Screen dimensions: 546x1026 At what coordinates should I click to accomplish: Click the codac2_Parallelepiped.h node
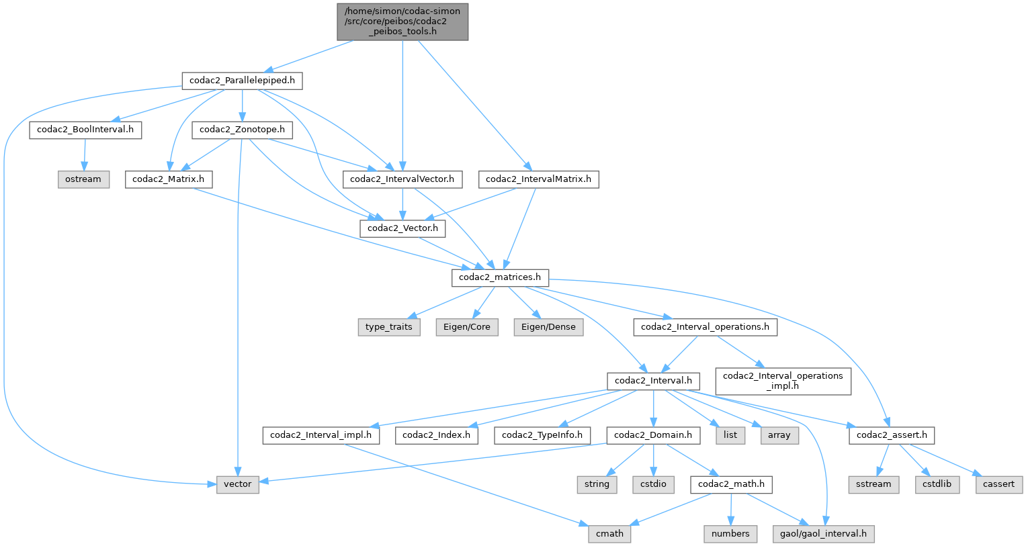242,81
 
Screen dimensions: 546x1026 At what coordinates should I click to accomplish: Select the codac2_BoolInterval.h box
85,130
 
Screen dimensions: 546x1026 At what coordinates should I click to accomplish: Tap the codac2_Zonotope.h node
242,130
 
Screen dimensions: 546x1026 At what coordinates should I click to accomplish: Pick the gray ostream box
83,179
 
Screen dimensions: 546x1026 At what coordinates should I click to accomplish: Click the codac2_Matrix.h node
169,179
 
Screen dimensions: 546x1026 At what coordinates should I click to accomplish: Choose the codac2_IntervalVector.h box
402,179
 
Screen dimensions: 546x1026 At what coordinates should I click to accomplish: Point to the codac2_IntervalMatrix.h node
538,179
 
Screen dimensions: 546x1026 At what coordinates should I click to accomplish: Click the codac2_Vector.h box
402,228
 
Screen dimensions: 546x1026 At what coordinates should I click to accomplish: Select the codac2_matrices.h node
500,277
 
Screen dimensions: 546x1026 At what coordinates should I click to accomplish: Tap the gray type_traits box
389,327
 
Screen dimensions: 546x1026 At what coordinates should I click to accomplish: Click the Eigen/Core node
467,327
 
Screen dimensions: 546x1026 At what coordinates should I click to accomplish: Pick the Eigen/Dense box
549,327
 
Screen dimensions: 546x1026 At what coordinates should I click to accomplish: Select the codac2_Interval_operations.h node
705,327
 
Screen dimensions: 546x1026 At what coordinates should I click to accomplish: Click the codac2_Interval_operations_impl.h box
783,381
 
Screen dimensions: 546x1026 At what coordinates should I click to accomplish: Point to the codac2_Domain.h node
653,435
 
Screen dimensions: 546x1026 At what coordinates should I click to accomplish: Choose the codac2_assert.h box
892,435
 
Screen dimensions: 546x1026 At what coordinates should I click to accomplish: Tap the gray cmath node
609,534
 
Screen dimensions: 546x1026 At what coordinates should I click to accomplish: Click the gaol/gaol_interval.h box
824,534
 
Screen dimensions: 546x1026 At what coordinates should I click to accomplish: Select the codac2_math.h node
731,484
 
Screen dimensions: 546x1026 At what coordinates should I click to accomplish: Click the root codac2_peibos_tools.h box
402,21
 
